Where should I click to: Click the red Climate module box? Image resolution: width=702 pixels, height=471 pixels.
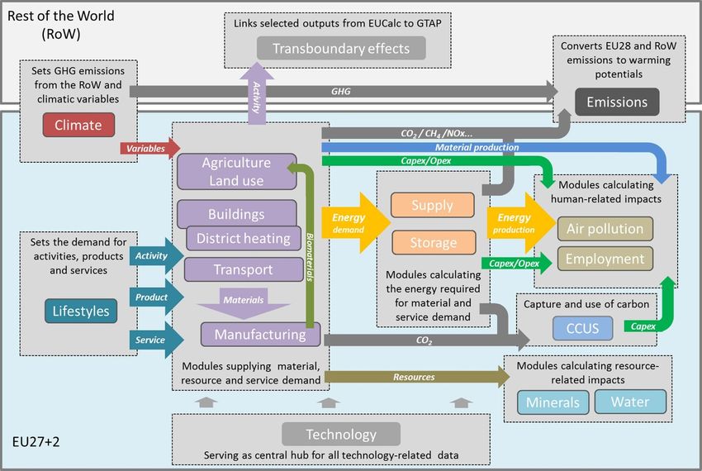point(78,125)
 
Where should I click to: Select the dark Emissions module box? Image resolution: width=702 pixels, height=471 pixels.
point(617,102)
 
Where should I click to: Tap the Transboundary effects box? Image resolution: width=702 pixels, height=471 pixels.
point(341,49)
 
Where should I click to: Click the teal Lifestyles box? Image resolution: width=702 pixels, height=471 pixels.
point(81,311)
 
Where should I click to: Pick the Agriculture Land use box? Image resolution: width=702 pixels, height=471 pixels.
point(237,172)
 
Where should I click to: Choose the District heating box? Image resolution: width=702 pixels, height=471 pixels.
point(243,239)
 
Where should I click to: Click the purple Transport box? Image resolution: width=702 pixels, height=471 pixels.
point(244,269)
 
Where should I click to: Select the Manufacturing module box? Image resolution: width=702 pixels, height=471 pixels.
point(260,335)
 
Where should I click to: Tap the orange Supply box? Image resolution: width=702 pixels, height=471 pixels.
point(433,205)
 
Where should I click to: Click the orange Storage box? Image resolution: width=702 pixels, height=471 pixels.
point(434,242)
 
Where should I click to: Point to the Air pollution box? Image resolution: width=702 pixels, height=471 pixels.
point(605,229)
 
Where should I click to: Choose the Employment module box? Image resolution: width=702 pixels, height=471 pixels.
point(605,259)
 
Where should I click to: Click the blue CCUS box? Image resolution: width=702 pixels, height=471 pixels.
point(582,329)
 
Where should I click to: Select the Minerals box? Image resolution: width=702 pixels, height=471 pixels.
point(553,402)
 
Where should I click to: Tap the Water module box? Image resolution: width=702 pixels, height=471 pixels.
point(630,402)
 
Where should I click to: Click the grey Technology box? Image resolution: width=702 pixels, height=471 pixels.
point(341,435)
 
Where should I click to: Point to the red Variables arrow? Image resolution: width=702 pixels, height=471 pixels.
point(150,149)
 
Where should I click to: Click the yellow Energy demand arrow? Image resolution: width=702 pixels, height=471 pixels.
point(356,223)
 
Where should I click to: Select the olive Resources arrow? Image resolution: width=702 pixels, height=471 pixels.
point(417,377)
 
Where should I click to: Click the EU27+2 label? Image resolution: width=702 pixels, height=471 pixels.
point(36,442)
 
